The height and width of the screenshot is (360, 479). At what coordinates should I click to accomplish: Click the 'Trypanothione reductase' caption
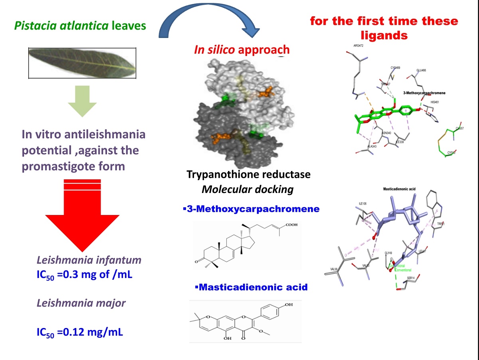[248, 175]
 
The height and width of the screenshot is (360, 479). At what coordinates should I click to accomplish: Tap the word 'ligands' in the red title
[384, 35]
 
